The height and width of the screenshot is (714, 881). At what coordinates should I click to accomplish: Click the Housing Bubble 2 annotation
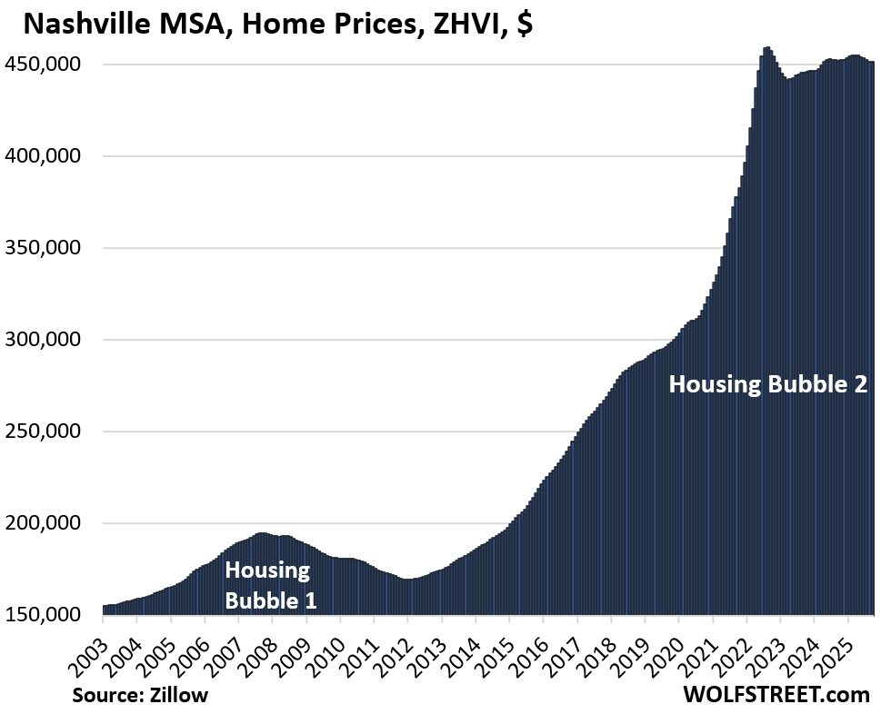(x=768, y=384)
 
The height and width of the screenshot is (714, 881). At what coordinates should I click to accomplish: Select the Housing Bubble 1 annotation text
(x=270, y=586)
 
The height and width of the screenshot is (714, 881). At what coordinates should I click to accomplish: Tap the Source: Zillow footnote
(x=141, y=695)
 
